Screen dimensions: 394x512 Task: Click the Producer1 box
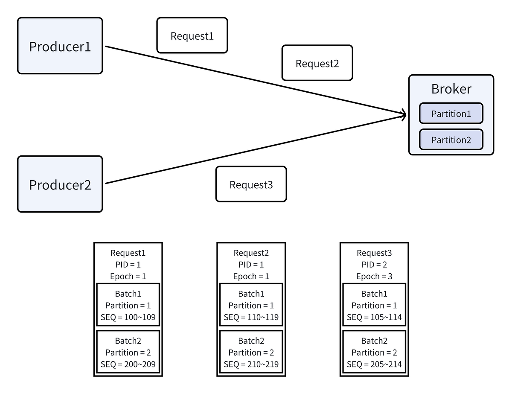60,46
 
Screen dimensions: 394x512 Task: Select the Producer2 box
60,184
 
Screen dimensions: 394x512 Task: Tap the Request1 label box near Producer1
192,35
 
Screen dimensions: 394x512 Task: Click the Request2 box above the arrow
317,63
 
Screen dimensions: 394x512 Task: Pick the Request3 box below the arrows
251,184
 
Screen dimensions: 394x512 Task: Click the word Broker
451,89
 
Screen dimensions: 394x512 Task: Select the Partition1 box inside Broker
451,114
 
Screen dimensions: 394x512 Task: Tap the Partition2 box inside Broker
451,140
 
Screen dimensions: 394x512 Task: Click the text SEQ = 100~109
128,317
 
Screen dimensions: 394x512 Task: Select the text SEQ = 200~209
128,364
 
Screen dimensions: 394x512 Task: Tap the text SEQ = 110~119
251,317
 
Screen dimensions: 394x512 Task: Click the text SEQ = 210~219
251,364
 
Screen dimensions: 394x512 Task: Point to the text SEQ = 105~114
374,317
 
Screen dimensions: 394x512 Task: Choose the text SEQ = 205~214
374,364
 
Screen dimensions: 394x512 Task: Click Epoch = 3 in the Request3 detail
374,276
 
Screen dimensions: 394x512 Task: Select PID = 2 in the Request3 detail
374,265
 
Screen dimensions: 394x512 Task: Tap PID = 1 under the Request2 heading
251,265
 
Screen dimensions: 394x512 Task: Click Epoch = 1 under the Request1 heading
128,276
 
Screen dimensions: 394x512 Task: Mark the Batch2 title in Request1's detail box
128,341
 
